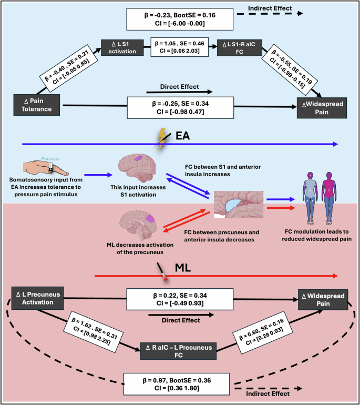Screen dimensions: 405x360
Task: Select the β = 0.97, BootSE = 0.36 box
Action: coord(179,382)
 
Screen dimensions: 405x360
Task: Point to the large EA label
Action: coord(183,136)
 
